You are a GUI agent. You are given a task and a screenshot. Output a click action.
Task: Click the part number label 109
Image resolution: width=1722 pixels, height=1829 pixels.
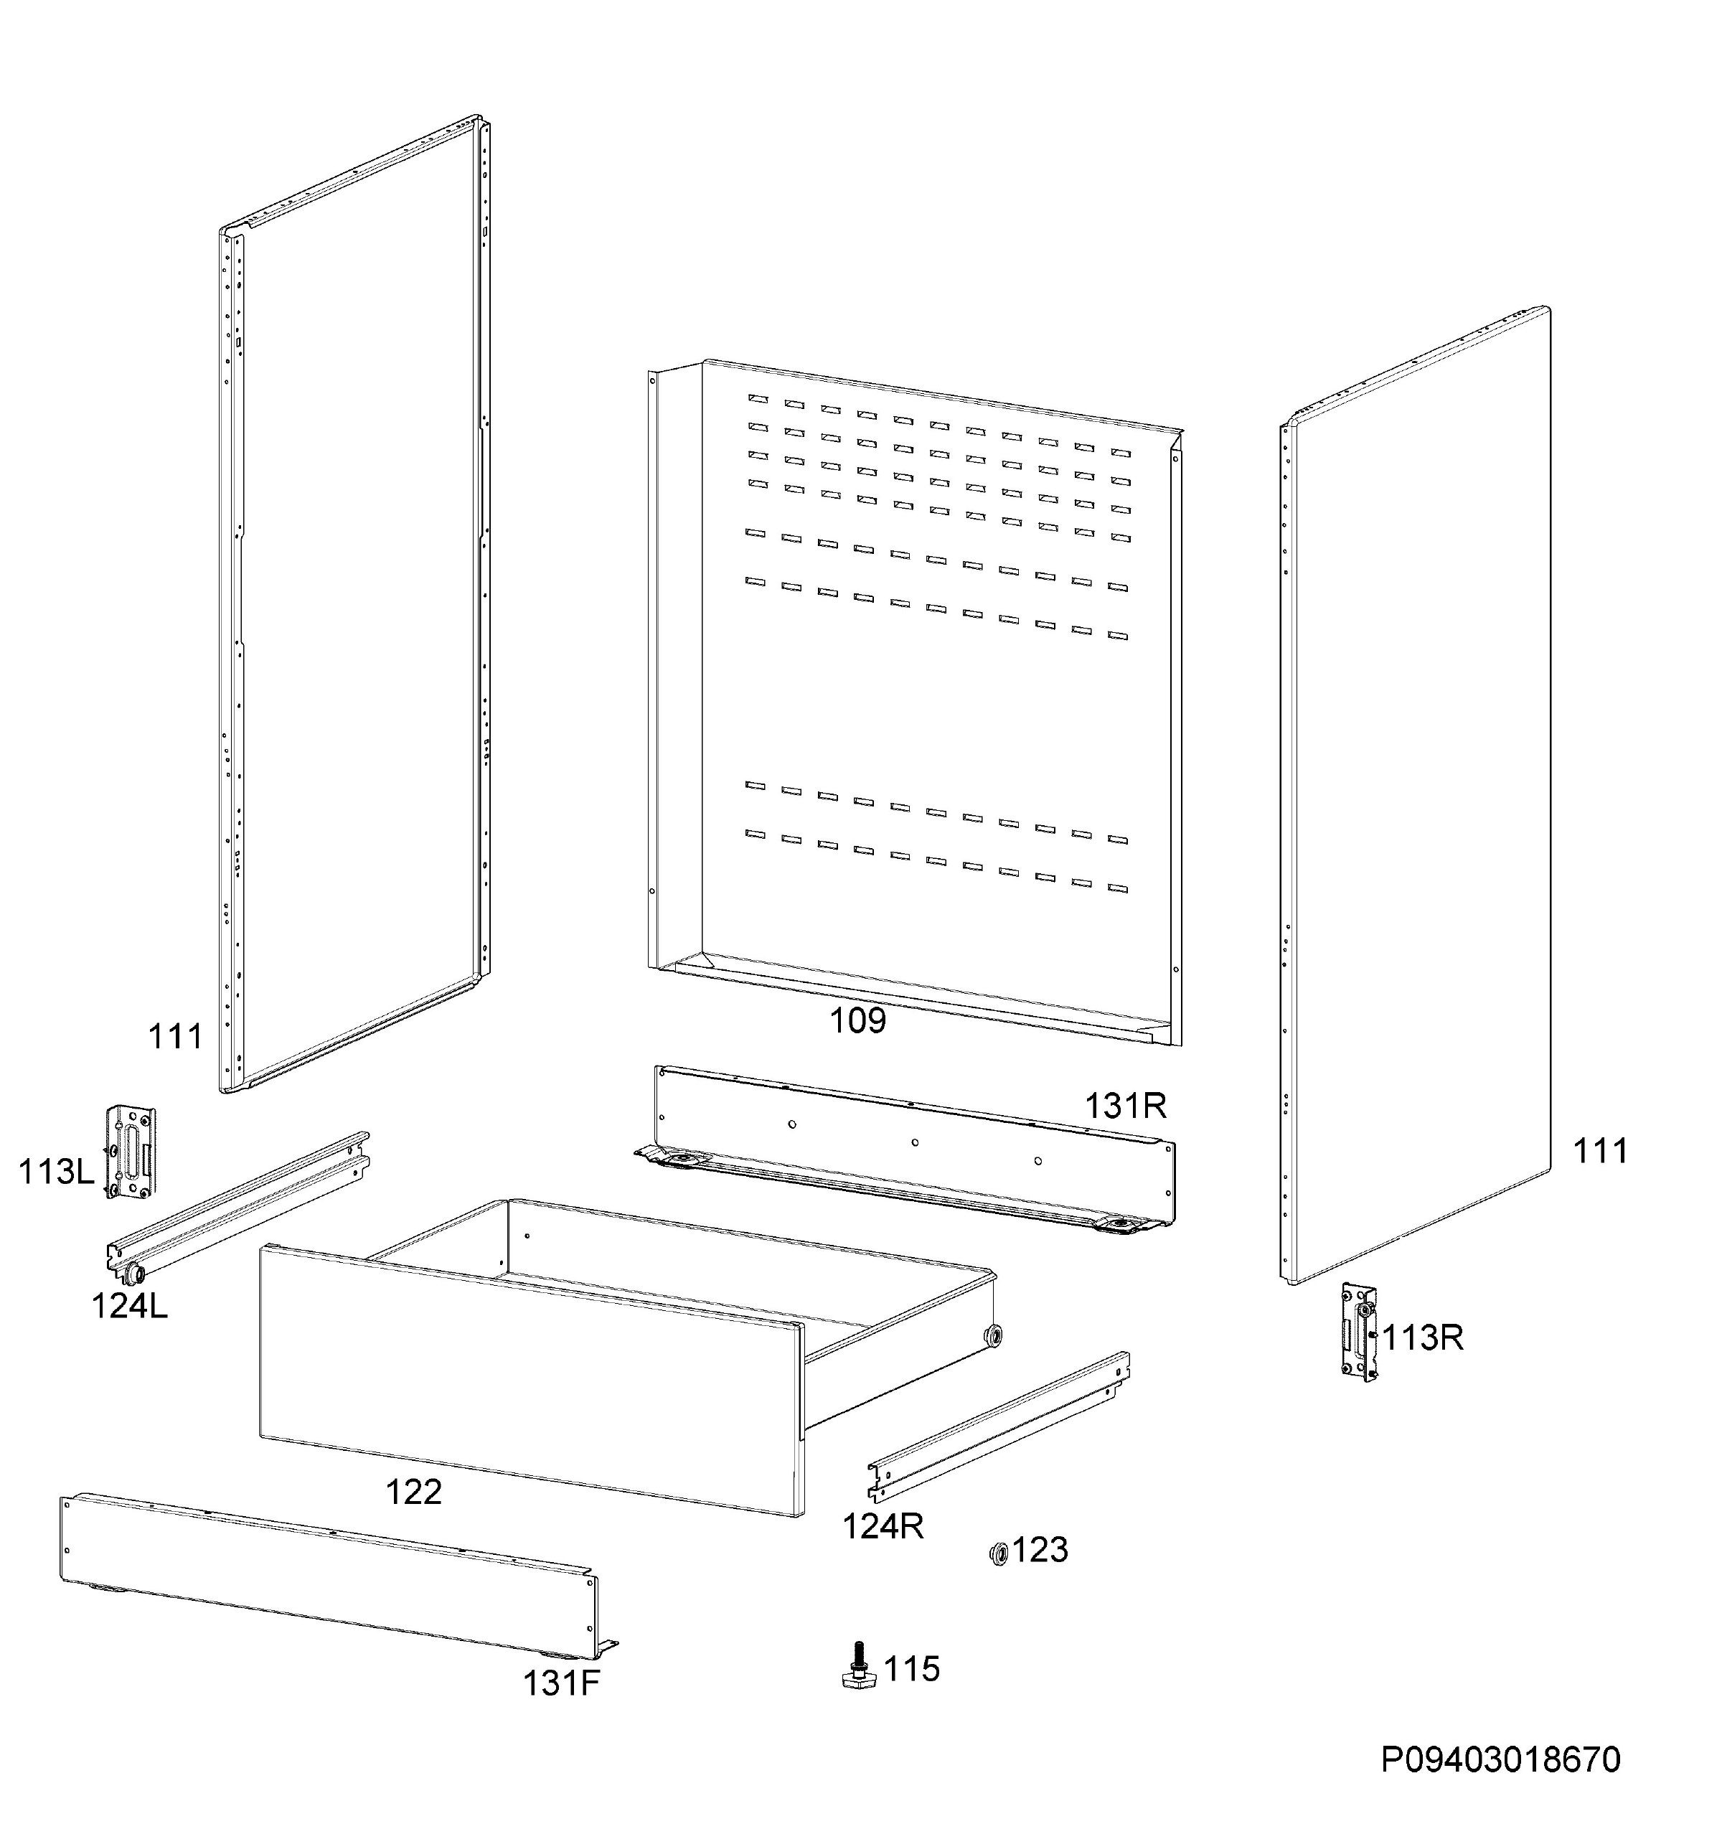click(x=857, y=1020)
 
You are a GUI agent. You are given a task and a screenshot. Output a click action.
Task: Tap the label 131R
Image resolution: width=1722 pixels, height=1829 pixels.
click(x=1125, y=1106)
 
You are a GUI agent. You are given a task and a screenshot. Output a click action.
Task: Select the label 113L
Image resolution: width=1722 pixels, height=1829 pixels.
click(x=56, y=1172)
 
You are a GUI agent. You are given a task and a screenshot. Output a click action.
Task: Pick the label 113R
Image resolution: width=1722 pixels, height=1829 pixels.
click(x=1422, y=1337)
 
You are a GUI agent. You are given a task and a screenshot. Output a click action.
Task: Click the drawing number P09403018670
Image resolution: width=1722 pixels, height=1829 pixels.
click(x=1500, y=1760)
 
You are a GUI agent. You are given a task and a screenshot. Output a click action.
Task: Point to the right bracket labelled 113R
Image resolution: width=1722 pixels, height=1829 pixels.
click(x=1359, y=1332)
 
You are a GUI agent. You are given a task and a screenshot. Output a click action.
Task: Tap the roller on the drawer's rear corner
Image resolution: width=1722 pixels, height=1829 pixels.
click(x=994, y=1335)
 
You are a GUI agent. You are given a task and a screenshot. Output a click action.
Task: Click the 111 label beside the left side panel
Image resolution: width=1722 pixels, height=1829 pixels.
click(x=175, y=1037)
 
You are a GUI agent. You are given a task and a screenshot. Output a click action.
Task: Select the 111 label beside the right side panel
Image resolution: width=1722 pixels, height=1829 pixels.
click(x=1601, y=1151)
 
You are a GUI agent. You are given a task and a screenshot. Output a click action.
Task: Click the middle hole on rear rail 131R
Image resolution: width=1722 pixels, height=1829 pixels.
click(x=914, y=1142)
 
